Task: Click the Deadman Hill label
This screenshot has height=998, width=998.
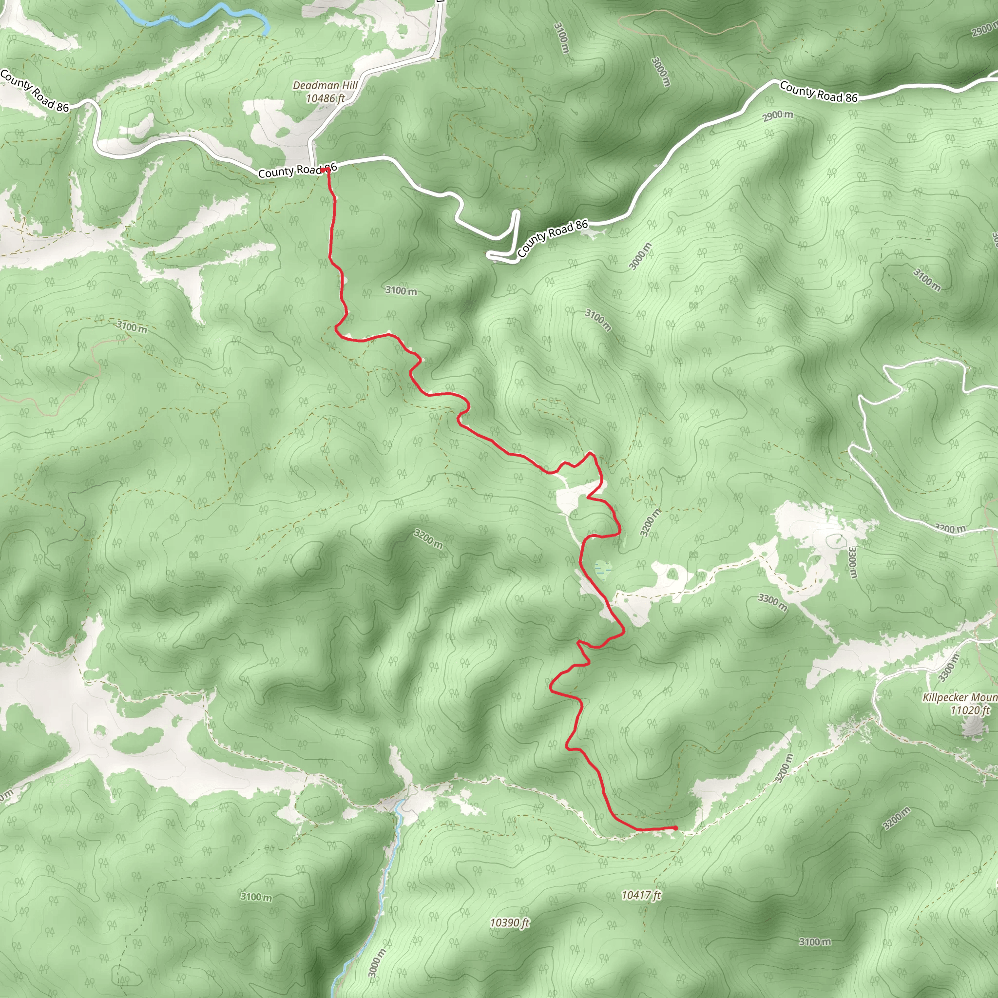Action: coord(325,85)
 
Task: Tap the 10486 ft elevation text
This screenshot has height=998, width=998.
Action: coord(325,98)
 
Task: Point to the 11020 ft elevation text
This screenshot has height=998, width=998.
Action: coord(970,710)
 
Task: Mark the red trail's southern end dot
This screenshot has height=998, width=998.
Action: coord(675,828)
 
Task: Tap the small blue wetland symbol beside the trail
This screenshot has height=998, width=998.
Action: coord(602,570)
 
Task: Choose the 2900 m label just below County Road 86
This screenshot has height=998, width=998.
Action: coord(777,115)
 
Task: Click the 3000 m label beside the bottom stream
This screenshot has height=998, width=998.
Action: coord(377,963)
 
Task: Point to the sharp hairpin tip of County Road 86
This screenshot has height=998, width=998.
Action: coord(490,255)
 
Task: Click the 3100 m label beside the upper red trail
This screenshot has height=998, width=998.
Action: coord(401,291)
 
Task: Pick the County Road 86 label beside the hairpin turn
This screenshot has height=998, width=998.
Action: coord(552,238)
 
